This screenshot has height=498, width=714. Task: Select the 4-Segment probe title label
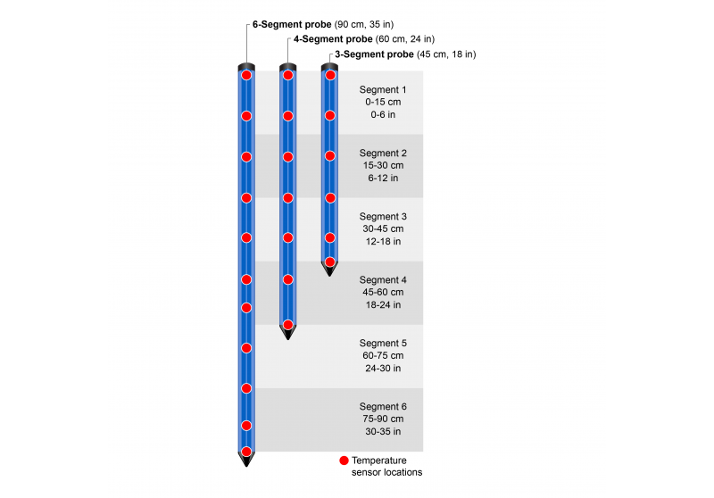pyautogui.click(x=363, y=39)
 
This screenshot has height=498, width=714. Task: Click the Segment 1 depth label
pyautogui.click(x=382, y=103)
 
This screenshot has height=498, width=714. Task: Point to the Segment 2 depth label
pyautogui.click(x=382, y=166)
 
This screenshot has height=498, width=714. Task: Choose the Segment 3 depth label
pyautogui.click(x=382, y=229)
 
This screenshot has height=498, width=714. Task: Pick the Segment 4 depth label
pyautogui.click(x=382, y=293)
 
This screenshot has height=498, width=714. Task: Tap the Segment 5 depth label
pyautogui.click(x=382, y=355)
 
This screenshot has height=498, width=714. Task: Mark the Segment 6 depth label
pyautogui.click(x=382, y=419)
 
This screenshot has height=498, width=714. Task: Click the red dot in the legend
pyautogui.click(x=344, y=461)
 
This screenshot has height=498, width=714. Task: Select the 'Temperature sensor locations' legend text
pyautogui.click(x=386, y=466)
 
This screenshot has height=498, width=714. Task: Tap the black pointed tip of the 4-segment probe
pyautogui.click(x=287, y=334)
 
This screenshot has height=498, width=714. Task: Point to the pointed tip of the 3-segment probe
pyautogui.click(x=329, y=270)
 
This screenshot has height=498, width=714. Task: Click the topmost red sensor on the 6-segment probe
pyautogui.click(x=246, y=75)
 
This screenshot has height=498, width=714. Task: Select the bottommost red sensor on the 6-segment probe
pyautogui.click(x=246, y=448)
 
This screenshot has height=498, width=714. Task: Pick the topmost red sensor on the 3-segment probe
pyautogui.click(x=329, y=75)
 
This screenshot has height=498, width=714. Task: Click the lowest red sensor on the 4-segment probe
pyautogui.click(x=287, y=324)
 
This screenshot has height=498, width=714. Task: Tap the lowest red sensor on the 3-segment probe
pyautogui.click(x=329, y=261)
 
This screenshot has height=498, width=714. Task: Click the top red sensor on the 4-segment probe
pyautogui.click(x=287, y=75)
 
